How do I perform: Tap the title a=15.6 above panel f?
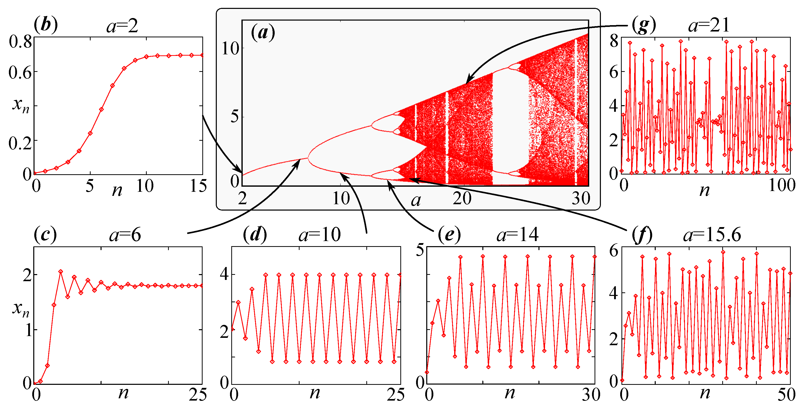pos(712,235)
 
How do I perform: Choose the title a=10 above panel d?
pos(319,235)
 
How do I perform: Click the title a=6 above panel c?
pos(125,235)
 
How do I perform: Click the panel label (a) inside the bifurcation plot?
pos(263,33)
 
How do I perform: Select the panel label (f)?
pos(642,235)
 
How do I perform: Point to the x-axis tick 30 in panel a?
pos(581,198)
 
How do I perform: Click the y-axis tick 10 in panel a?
pos(230,49)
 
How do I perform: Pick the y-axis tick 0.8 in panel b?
pos(20,42)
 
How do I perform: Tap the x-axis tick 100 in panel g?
pos(782,186)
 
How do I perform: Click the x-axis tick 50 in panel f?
pos(786,394)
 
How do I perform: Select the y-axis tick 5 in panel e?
pos(420,250)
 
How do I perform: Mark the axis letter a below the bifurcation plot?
pos(416,201)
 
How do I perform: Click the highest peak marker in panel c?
pos(61,272)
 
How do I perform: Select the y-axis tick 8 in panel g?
pos(614,41)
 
